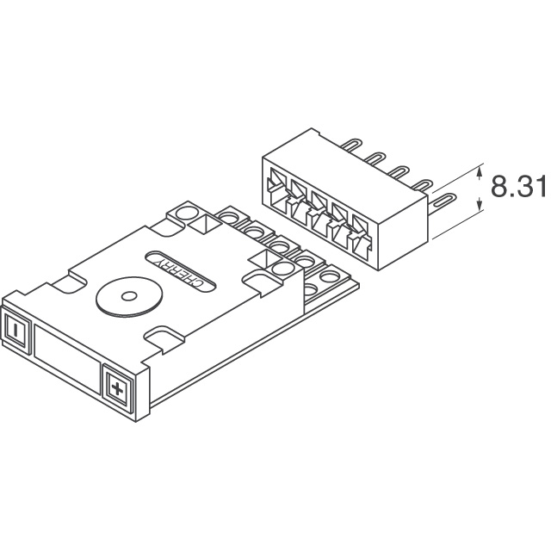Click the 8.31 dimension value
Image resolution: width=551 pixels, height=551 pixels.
pyautogui.click(x=518, y=186)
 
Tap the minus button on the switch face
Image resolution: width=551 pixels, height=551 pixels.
pyautogui.click(x=15, y=330)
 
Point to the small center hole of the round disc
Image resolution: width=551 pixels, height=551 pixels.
pyautogui.click(x=128, y=296)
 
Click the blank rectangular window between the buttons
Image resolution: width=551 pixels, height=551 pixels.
pyautogui.click(x=66, y=358)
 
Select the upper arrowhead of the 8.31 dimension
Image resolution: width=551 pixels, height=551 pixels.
pyautogui.click(x=480, y=174)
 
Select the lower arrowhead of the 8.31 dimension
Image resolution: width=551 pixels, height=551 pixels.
pyautogui.click(x=480, y=203)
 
